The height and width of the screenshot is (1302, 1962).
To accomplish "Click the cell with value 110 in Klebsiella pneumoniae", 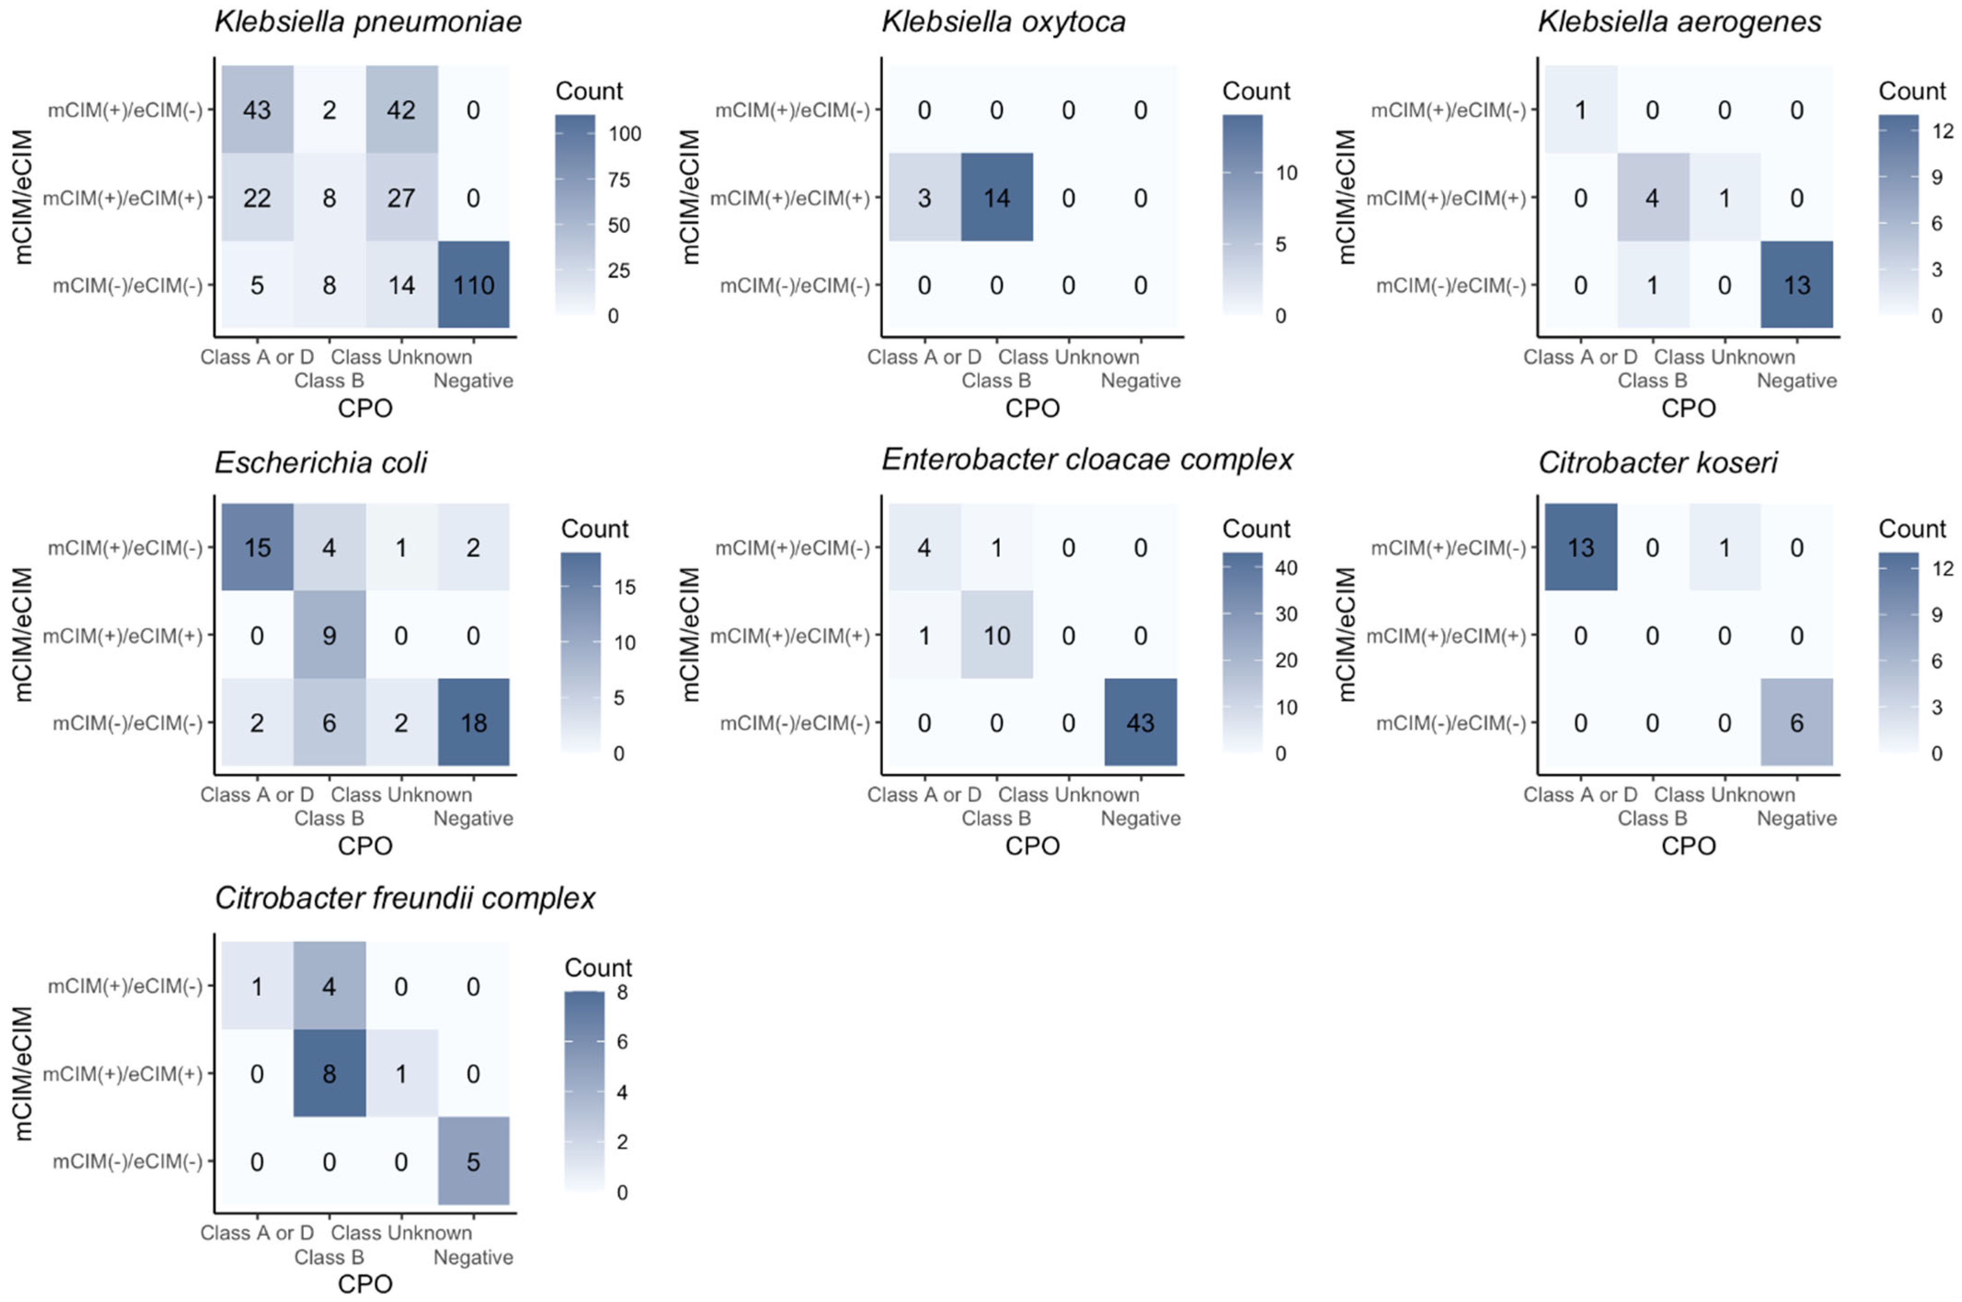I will (x=473, y=285).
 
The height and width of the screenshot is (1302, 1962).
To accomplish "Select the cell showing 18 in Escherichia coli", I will (x=473, y=722).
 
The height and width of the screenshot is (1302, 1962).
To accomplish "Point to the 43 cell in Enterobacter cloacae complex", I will (x=1140, y=722).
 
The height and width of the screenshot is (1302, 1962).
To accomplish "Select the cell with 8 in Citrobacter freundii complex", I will (x=329, y=1074).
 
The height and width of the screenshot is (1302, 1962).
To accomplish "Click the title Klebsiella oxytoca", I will (x=1003, y=22).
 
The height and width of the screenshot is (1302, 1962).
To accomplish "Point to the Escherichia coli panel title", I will (x=320, y=462).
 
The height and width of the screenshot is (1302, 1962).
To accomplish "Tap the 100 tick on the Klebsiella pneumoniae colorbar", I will (x=624, y=134).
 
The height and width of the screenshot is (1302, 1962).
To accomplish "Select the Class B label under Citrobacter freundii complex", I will (x=329, y=1257).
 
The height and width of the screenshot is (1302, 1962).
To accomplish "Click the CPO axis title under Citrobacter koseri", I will (x=1688, y=846).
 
